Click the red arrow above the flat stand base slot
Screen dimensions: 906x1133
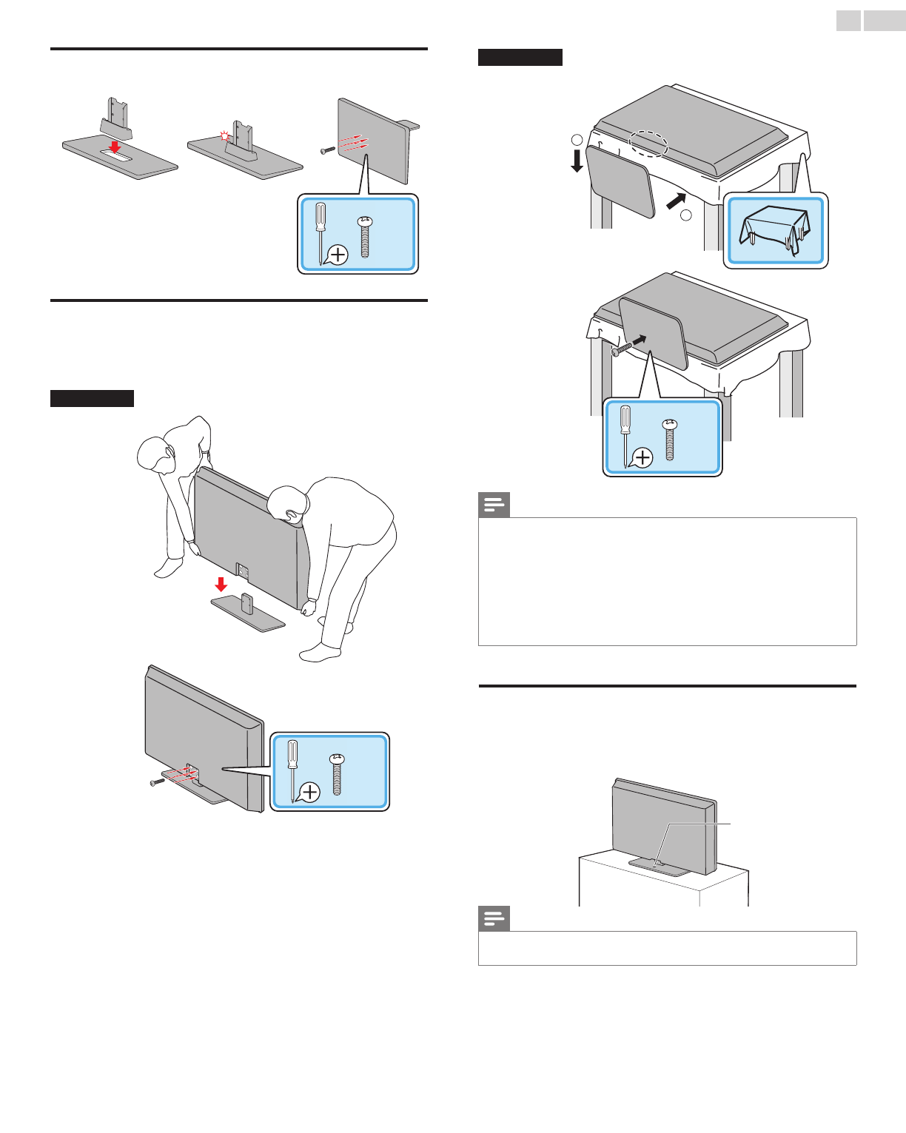click(x=115, y=147)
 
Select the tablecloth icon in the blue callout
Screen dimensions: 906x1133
click(x=774, y=231)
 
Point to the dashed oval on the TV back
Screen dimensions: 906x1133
click(x=648, y=144)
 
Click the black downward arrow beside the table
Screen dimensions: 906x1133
click(x=577, y=161)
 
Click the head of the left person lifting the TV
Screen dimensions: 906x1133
click(x=156, y=454)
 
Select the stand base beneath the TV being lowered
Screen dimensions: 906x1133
click(x=248, y=613)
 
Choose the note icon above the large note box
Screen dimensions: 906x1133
click(x=494, y=505)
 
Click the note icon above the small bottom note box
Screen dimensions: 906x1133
click(x=494, y=919)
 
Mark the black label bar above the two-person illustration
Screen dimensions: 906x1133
click(x=92, y=398)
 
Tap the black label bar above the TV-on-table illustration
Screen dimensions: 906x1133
click(x=520, y=57)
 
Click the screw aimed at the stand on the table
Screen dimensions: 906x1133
click(x=621, y=349)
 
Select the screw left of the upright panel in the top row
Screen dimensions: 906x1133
click(x=327, y=150)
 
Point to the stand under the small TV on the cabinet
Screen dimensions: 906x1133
click(x=659, y=866)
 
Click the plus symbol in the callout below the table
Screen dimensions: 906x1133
click(x=643, y=458)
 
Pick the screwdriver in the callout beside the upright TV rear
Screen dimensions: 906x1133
click(x=293, y=770)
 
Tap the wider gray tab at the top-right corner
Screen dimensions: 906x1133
click(x=884, y=21)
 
